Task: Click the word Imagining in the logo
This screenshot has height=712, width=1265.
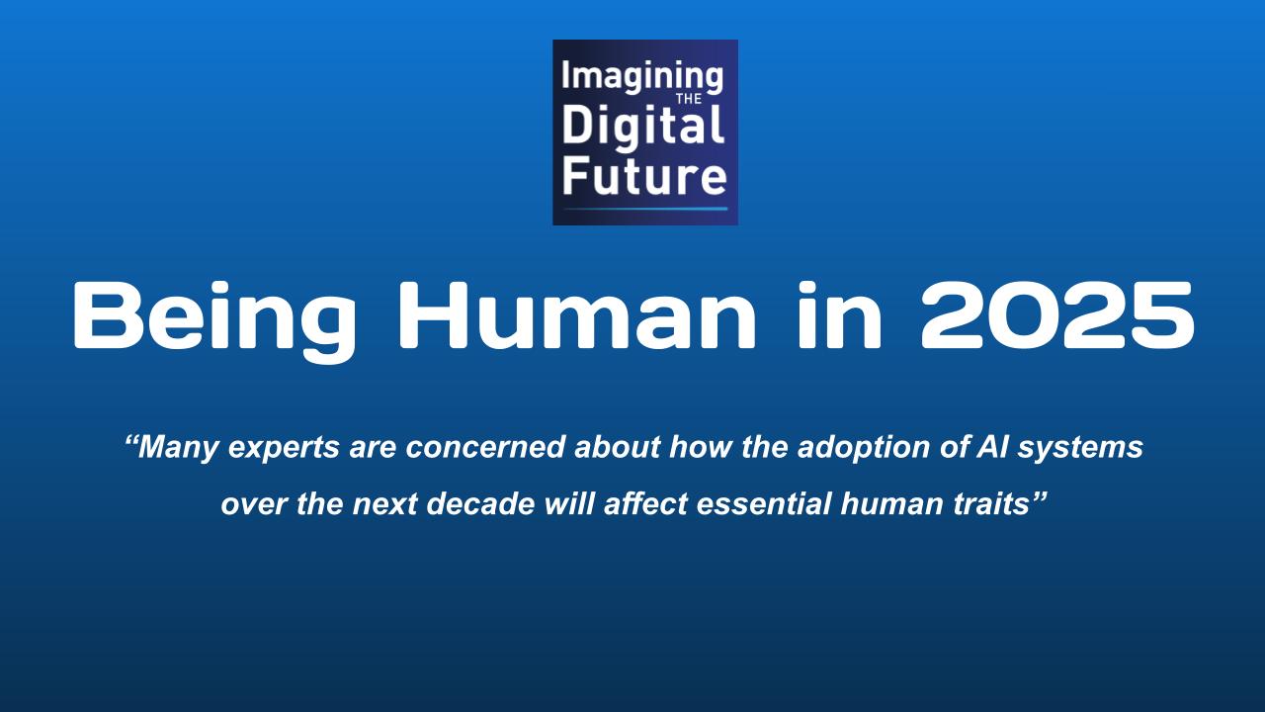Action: tap(642, 79)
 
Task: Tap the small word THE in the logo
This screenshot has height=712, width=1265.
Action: tap(689, 100)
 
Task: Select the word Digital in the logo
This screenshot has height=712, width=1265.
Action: tap(643, 128)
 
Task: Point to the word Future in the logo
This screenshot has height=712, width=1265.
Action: tap(644, 177)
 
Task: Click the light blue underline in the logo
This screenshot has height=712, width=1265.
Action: tap(645, 209)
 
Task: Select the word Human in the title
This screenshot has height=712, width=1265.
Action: tap(576, 315)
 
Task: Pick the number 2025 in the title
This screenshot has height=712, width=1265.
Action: tap(1057, 315)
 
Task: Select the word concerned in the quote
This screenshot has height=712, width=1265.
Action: tap(485, 448)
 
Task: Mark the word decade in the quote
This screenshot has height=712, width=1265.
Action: tap(480, 503)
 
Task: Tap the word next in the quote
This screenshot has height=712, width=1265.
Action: tap(385, 504)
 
